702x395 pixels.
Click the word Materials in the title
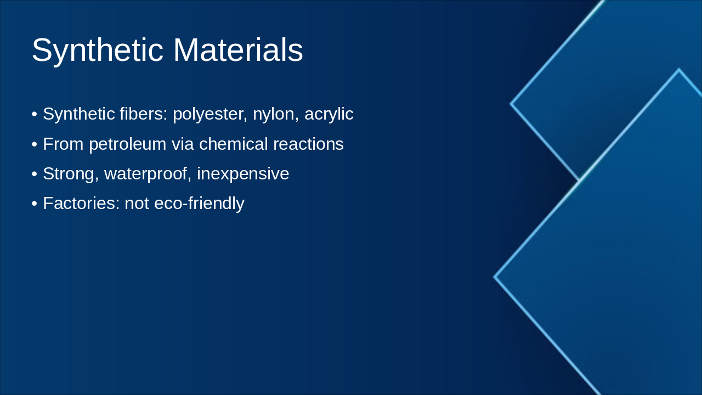click(x=237, y=50)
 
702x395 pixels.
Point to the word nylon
click(x=273, y=114)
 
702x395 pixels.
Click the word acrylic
click(x=329, y=114)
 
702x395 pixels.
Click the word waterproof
click(x=148, y=174)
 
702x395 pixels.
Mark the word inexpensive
click(x=242, y=174)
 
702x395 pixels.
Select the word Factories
click(x=81, y=204)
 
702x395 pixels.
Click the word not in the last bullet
click(x=137, y=204)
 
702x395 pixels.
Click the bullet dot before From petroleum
click(x=35, y=145)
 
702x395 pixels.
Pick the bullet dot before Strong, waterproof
click(x=35, y=174)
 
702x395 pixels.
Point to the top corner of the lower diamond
click(x=678, y=70)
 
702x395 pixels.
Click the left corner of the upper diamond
click(x=511, y=103)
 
